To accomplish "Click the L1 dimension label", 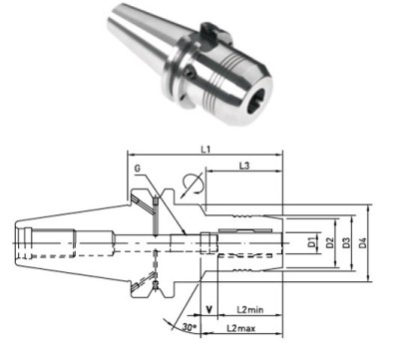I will coord(205,150).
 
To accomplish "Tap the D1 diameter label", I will coord(312,243).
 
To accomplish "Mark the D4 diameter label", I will coord(367,243).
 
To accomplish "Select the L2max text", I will coord(237,327).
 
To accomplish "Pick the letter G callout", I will coord(134,172).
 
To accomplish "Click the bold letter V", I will coord(208,309).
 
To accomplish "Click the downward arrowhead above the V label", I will coord(208,292).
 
